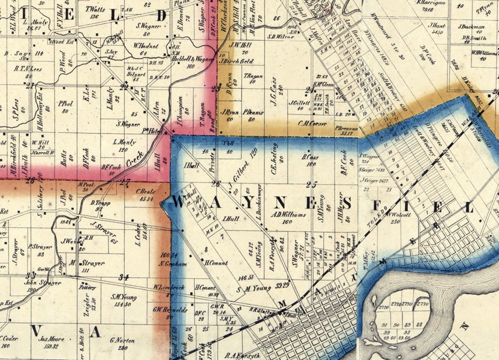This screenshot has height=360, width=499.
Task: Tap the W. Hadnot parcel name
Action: pyautogui.click(x=145, y=46)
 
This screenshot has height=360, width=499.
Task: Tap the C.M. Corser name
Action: pyautogui.click(x=310, y=123)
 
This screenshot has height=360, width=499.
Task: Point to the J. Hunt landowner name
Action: pyautogui.click(x=437, y=25)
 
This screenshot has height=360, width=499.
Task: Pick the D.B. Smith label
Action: pyautogui.click(x=474, y=38)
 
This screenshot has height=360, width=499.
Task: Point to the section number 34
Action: pyautogui.click(x=125, y=277)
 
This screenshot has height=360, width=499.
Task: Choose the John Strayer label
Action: pyautogui.click(x=43, y=283)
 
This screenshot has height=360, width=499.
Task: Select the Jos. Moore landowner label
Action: pyautogui.click(x=52, y=339)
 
